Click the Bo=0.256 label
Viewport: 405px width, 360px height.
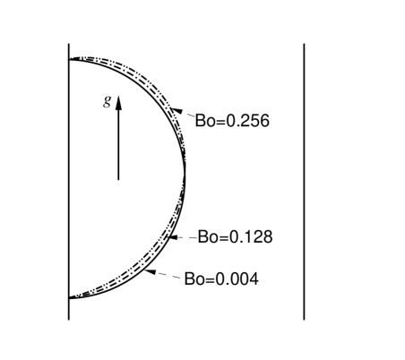click(232, 121)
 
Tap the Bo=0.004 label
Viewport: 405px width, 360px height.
click(221, 279)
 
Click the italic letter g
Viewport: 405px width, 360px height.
click(108, 101)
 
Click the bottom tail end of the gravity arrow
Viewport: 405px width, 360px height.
click(118, 180)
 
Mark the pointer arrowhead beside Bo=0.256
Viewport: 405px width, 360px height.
click(177, 110)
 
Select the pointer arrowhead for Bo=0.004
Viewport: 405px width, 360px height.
click(151, 270)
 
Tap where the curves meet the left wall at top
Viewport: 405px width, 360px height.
click(70, 57)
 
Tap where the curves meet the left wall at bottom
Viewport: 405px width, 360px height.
click(70, 296)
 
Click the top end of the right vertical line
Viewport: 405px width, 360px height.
click(305, 42)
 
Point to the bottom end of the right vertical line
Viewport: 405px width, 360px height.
click(305, 319)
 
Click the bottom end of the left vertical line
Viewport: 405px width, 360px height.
click(69, 319)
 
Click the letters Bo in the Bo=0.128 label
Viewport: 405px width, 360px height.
click(207, 237)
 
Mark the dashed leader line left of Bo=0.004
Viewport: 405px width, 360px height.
click(168, 275)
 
